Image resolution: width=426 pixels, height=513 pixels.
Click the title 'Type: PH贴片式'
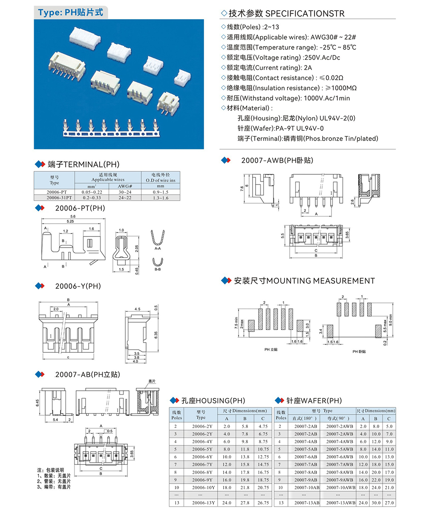70,12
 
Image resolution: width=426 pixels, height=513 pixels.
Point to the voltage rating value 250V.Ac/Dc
322,58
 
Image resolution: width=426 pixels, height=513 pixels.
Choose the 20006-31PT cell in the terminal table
54,198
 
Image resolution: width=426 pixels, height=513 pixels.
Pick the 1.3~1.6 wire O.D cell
160,198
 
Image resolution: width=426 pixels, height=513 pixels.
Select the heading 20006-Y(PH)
78,286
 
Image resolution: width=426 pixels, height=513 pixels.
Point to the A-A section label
158,248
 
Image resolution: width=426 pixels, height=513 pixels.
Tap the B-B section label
158,270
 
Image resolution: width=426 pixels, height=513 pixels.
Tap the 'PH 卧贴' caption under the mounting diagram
359,352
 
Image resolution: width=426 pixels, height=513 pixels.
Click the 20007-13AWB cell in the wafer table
341,503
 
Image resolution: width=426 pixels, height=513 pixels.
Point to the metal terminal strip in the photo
112,130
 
